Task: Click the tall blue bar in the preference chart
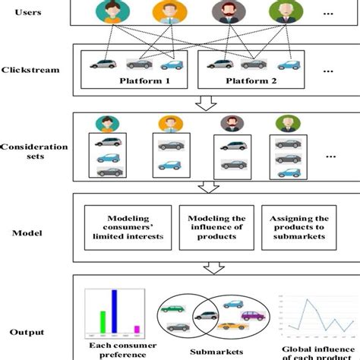114,311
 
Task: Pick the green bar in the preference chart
101,321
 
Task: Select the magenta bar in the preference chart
137,329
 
